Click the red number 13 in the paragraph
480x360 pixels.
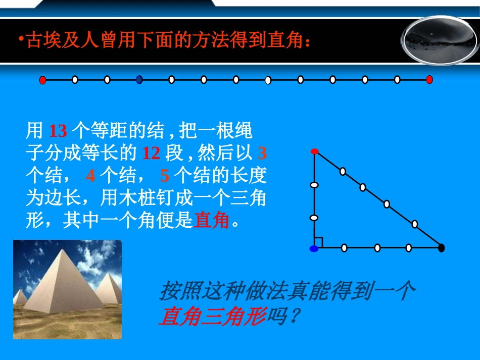coord(58,131)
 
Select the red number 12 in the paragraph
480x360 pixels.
coord(151,152)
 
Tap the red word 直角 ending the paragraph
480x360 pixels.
coord(211,221)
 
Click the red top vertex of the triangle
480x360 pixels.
coord(314,151)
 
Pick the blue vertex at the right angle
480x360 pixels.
coord(314,248)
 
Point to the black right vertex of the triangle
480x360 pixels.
coord(441,248)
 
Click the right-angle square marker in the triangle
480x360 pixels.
coord(319,243)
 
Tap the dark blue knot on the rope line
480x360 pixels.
coord(139,79)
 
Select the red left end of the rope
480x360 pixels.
coord(43,80)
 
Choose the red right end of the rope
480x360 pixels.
coord(429,79)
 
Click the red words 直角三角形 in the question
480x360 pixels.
coord(212,317)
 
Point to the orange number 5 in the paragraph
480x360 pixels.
coord(165,175)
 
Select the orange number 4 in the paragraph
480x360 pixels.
coord(90,175)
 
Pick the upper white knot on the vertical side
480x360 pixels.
coord(314,185)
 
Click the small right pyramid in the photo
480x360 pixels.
coord(109,290)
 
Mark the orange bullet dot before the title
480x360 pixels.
coord(21,38)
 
